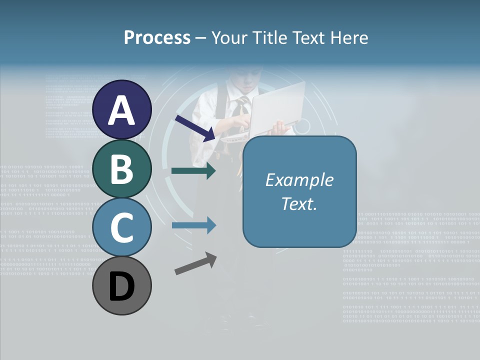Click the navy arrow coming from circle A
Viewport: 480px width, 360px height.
[195, 127]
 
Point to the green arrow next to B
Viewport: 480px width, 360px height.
[194, 171]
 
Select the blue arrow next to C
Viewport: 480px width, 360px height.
[194, 225]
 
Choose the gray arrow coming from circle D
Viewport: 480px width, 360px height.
[195, 263]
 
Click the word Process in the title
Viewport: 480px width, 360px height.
[157, 38]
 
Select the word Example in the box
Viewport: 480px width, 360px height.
[299, 180]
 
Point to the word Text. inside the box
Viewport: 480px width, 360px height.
[299, 204]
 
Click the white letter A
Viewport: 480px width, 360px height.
[121, 111]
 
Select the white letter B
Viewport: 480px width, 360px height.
[121, 169]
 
